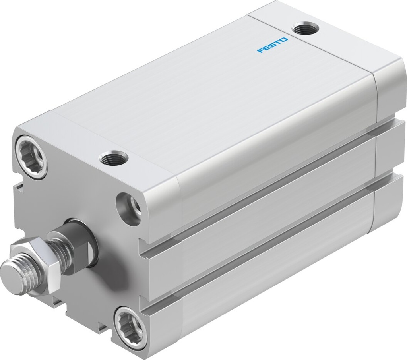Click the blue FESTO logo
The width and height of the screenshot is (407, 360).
(x=272, y=45)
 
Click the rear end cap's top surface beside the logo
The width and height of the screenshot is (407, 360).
(x=338, y=48)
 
